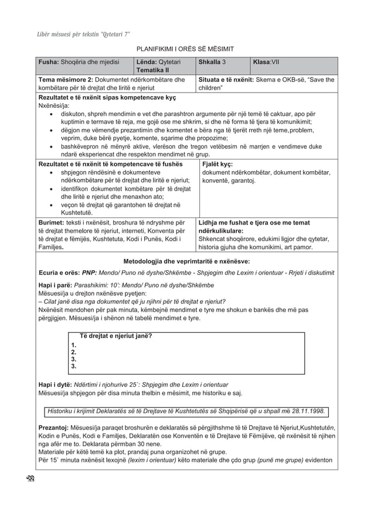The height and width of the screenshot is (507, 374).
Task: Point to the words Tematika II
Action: click(x=152, y=70)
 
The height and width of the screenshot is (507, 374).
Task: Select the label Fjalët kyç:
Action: click(x=218, y=165)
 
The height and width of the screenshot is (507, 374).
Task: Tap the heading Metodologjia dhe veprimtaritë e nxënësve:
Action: click(x=187, y=261)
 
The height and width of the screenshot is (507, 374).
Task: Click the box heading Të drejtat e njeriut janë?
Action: click(x=116, y=336)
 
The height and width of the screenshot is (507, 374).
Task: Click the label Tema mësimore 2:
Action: click(x=70, y=80)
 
